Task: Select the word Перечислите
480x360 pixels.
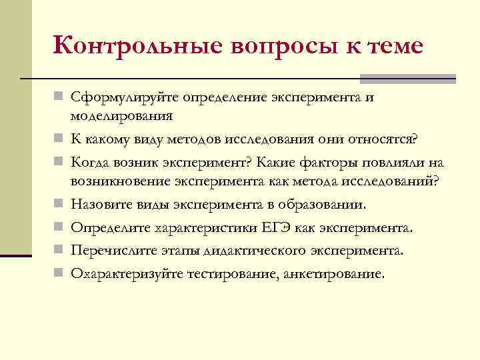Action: (x=112, y=251)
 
